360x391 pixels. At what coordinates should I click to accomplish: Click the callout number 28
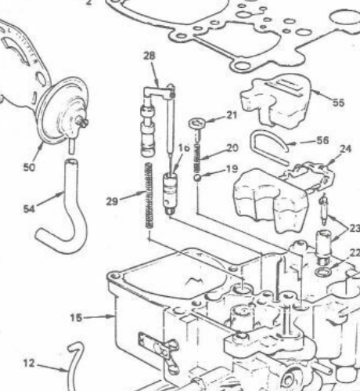point(149,56)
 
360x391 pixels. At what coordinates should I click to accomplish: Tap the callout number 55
point(339,103)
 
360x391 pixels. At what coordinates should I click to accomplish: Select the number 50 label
point(29,167)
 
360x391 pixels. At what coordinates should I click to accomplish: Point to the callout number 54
point(29,209)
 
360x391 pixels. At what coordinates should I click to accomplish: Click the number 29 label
point(112,201)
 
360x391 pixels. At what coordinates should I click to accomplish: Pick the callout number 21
point(232,115)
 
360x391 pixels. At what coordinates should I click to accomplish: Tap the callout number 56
point(322,140)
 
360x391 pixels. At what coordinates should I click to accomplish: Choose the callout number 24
point(346,149)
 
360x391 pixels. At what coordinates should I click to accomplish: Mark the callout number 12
point(29,363)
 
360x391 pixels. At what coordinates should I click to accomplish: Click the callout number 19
point(232,169)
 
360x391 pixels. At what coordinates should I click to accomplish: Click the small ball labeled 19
point(197,178)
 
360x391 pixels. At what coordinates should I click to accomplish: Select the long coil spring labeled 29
point(149,196)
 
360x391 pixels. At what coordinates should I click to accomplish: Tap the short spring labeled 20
point(197,157)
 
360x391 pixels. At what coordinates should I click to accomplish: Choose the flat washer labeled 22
point(323,272)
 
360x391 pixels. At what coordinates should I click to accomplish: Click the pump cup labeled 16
point(171,194)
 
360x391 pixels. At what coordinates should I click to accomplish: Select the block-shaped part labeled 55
point(276,102)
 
